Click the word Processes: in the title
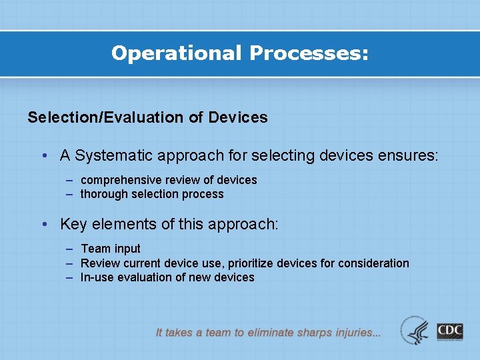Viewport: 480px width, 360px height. pyautogui.click(x=308, y=53)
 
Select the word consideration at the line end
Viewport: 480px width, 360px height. pyautogui.click(x=373, y=263)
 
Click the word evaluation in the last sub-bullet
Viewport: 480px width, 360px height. pyautogui.click(x=142, y=278)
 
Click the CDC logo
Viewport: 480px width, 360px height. pyautogui.click(x=450, y=331)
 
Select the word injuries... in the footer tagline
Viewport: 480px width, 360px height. pyautogui.click(x=358, y=332)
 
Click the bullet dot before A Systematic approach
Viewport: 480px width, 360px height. pyautogui.click(x=43, y=156)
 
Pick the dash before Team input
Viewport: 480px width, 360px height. pyautogui.click(x=70, y=249)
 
